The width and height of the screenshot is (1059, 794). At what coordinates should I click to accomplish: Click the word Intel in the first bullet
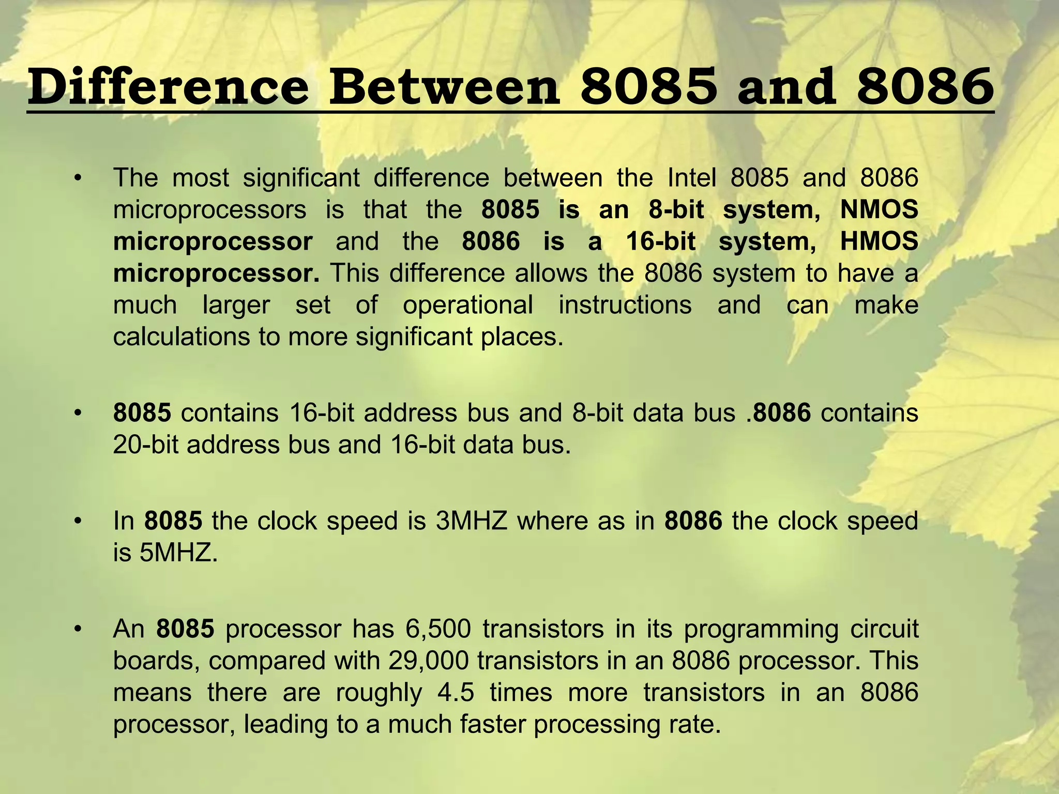[x=692, y=178]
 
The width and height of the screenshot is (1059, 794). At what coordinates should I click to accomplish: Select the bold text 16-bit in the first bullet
[x=661, y=241]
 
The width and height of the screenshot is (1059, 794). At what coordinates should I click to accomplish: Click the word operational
[x=467, y=305]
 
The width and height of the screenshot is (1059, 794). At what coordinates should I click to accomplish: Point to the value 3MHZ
[x=472, y=521]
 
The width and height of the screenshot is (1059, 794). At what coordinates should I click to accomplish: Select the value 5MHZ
[x=176, y=553]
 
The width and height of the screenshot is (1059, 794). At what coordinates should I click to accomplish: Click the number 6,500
[x=438, y=629]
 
